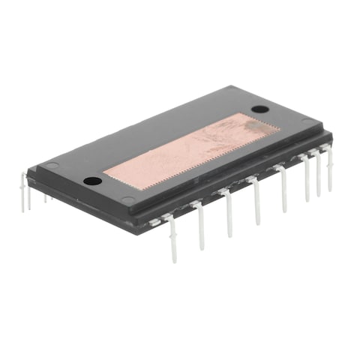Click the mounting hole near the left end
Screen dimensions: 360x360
[91, 181]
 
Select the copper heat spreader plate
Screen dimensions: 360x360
[191, 154]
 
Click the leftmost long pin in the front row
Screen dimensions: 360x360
[172, 240]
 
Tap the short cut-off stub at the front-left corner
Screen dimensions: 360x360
[154, 222]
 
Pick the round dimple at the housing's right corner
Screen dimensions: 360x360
[307, 121]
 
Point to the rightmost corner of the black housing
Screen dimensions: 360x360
[331, 135]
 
